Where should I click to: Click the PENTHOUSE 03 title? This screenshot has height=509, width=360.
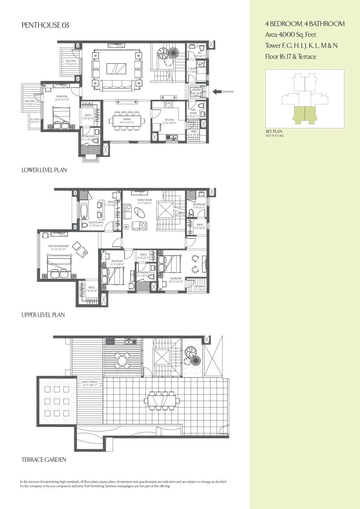(45, 26)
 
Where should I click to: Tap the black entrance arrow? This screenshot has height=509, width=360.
(216, 92)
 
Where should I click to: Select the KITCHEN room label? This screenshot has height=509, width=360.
(169, 120)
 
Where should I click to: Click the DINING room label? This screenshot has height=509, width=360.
(127, 119)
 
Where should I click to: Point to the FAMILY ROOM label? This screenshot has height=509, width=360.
(144, 200)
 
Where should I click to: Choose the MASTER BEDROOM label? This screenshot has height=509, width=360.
(58, 246)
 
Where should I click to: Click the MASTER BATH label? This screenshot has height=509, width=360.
(96, 223)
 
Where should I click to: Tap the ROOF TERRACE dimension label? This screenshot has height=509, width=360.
(90, 382)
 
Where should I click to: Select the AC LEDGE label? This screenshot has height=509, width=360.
(35, 119)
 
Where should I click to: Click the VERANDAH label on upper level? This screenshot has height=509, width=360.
(200, 286)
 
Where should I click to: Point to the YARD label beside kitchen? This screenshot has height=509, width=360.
(193, 132)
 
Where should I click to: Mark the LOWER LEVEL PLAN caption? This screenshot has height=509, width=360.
(44, 170)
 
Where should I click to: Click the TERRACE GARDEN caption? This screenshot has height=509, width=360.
(44, 460)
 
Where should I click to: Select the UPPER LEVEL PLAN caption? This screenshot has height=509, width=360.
(43, 315)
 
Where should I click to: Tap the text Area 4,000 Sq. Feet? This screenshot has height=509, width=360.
(290, 35)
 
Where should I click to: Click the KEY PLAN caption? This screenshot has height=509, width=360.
(274, 131)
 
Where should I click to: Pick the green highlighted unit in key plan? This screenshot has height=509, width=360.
(305, 114)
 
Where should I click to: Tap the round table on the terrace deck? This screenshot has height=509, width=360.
(122, 361)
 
